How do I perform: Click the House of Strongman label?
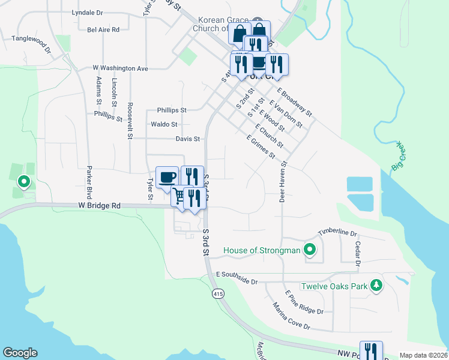click(x=261, y=250)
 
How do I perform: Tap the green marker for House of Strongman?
click(x=310, y=250)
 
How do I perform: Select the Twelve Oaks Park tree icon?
click(x=376, y=286)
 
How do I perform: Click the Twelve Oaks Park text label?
click(x=334, y=286)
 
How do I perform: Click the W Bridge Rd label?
click(x=99, y=205)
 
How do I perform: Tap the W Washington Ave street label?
click(x=120, y=68)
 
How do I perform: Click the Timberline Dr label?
click(x=337, y=232)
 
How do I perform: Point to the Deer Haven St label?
click(x=282, y=181)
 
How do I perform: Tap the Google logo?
click(x=20, y=353)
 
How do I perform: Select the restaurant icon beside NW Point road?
click(x=371, y=351)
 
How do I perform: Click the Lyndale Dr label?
click(x=87, y=12)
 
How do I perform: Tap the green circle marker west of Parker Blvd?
click(x=24, y=181)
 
